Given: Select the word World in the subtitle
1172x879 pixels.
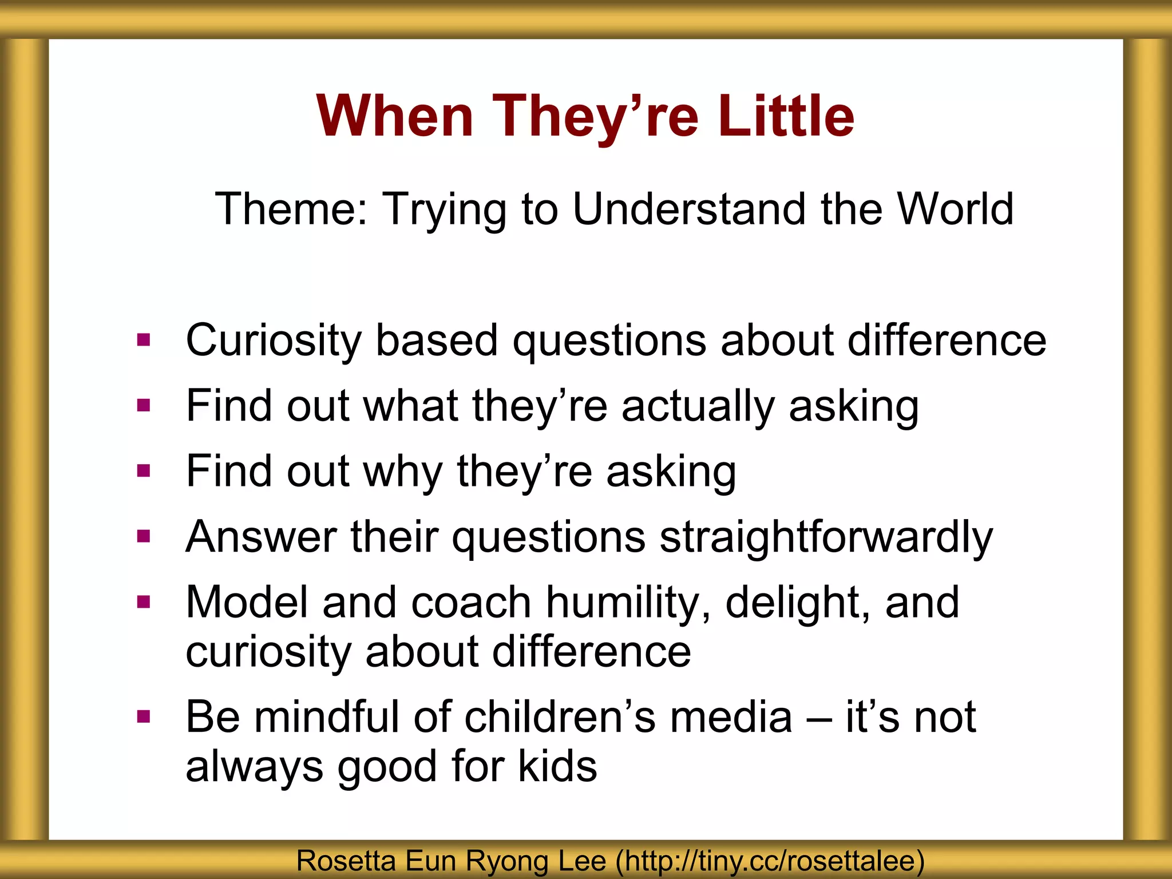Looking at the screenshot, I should point(955,209).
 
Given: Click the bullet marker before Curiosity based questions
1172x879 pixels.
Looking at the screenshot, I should point(144,341).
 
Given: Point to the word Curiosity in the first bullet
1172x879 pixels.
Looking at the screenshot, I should point(274,341).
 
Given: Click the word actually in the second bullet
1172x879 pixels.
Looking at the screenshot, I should point(698,406).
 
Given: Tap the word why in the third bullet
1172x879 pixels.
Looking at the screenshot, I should point(403,472).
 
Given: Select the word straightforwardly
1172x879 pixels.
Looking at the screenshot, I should point(826,538).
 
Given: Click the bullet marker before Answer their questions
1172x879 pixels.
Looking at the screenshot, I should point(144,537).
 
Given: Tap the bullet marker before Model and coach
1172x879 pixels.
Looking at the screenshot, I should point(144,602).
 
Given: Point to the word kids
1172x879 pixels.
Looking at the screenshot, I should point(557,767).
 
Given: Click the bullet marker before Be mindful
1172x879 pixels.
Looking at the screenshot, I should point(144,716).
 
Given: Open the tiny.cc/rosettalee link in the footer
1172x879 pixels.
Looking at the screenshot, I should point(770,861).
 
